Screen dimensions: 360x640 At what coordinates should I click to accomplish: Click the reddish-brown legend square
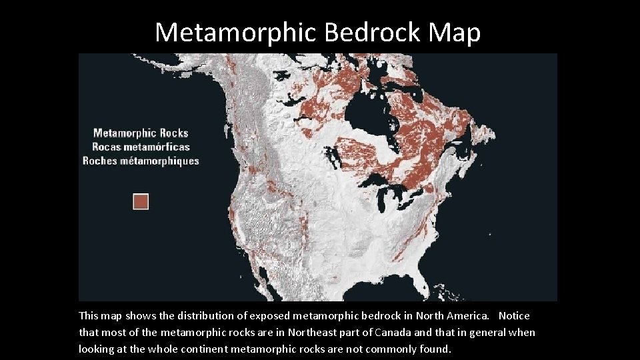coord(141,201)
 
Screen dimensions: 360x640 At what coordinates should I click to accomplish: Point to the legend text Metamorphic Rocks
coord(141,133)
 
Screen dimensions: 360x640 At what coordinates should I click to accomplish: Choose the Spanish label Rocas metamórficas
coord(141,147)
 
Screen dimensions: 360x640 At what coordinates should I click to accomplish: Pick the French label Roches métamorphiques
coord(141,161)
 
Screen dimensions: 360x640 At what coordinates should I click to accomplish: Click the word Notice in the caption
coord(514,315)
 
